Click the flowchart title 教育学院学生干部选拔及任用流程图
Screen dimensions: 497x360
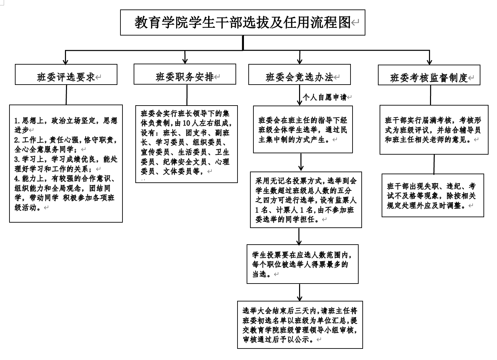pos(243,22)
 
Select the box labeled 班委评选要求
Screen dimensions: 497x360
pos(66,74)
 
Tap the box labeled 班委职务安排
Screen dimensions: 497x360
pos(185,74)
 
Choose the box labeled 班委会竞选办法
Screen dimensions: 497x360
pos(299,74)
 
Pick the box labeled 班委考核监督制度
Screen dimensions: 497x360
pos(429,75)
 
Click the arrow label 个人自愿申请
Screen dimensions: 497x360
pos(324,97)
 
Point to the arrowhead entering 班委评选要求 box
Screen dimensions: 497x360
pos(65,62)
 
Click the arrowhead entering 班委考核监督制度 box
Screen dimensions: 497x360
pos(430,62)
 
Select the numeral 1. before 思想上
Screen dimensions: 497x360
pos(18,121)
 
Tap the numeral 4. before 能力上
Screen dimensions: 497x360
pos(18,179)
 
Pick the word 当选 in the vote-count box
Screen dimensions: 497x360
pos(259,274)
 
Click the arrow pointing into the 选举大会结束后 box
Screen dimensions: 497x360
pos(299,292)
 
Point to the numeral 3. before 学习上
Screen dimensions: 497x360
pos(18,159)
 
